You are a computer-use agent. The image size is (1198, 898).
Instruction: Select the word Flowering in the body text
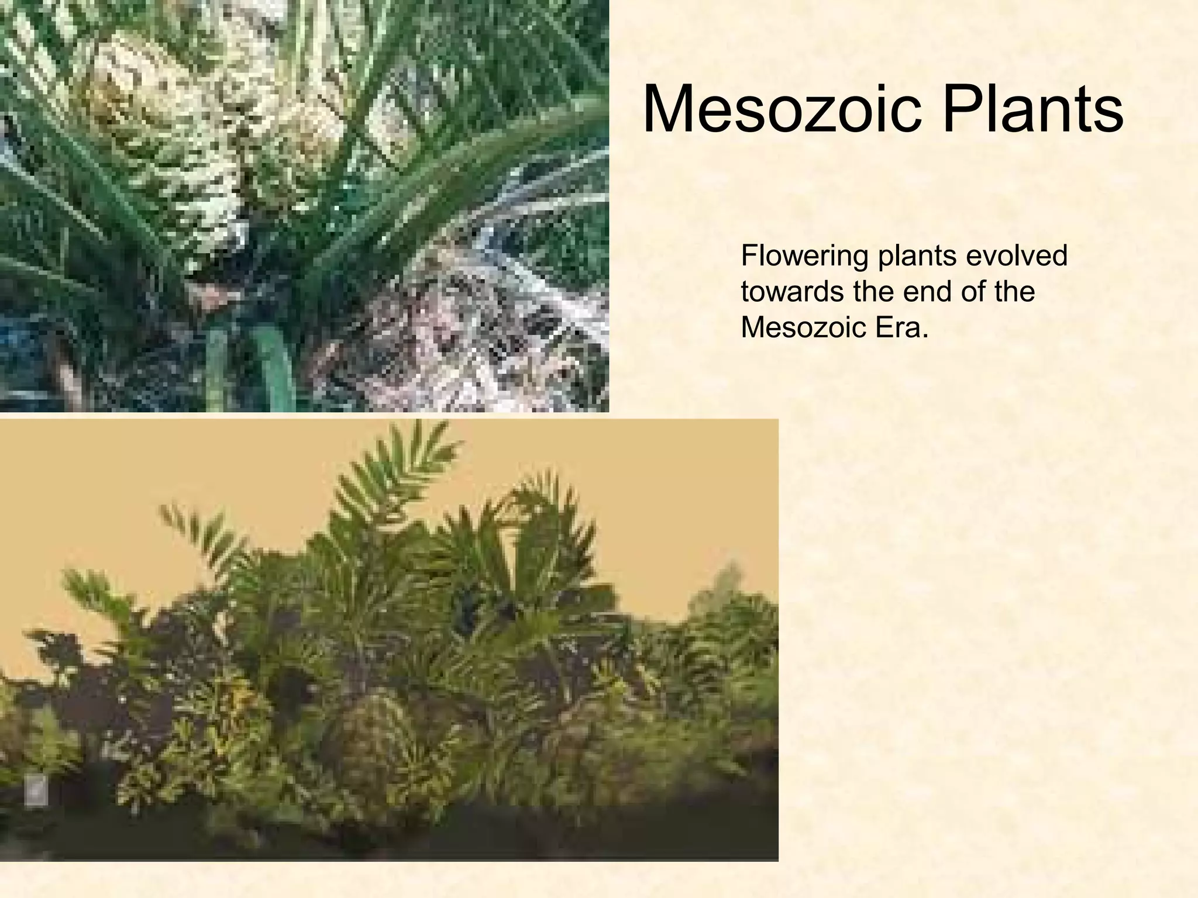[804, 256]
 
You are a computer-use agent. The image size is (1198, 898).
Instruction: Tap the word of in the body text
[973, 291]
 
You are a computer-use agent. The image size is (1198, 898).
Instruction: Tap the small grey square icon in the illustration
[36, 792]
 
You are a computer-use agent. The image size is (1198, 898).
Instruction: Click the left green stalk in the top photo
[218, 368]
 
